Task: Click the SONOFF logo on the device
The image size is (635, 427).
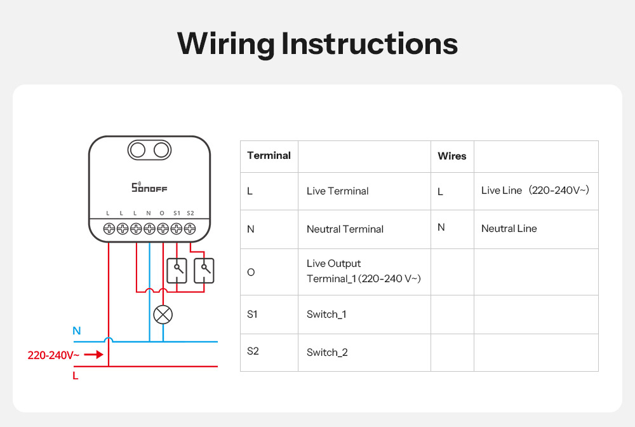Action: coord(149,187)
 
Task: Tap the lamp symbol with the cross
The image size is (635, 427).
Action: coord(163,314)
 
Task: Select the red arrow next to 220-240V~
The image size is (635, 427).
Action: coord(93,355)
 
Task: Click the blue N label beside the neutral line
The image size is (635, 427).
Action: coord(77,330)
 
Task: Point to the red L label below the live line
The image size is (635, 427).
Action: coord(76,376)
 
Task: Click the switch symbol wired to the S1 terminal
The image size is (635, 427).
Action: coord(177,271)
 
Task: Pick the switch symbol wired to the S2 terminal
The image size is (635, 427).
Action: coord(204,271)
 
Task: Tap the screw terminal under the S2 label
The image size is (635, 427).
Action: coord(189,228)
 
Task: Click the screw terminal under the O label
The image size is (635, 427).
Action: coord(163,228)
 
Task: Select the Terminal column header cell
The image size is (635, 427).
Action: coord(269,156)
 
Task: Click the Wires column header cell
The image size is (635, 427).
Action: coord(452,156)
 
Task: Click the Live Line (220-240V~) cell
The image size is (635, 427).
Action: coord(535,190)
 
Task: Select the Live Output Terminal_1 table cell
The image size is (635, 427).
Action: coord(363,271)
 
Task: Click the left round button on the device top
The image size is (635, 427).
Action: coord(137,150)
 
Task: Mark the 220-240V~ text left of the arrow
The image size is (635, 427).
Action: coord(53,355)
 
